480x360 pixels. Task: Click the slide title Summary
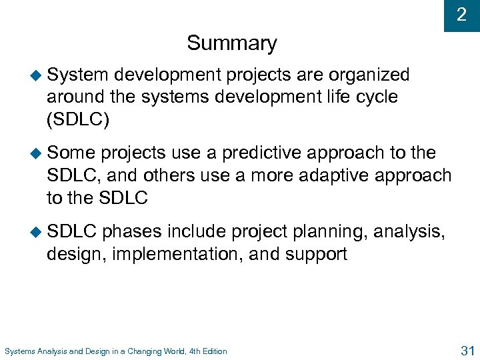(231, 43)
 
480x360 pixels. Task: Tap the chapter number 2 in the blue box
(461, 15)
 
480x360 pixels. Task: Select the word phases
(131, 231)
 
